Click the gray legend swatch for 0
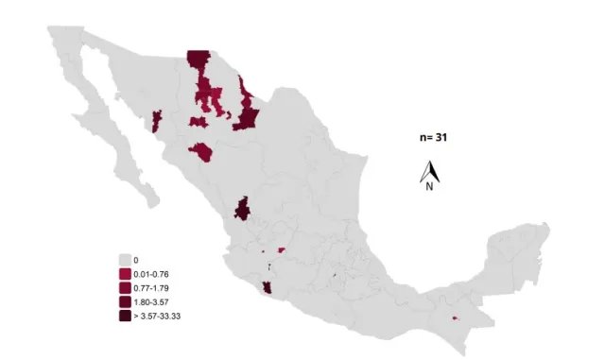click(125, 259)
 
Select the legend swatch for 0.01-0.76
click(125, 273)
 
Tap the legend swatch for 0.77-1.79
click(125, 287)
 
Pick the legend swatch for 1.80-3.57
click(125, 301)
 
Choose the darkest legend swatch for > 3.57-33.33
click(125, 316)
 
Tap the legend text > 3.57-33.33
click(157, 316)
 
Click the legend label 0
click(136, 259)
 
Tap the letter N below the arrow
click(429, 186)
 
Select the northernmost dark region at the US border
click(198, 60)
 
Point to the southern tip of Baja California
click(152, 202)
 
